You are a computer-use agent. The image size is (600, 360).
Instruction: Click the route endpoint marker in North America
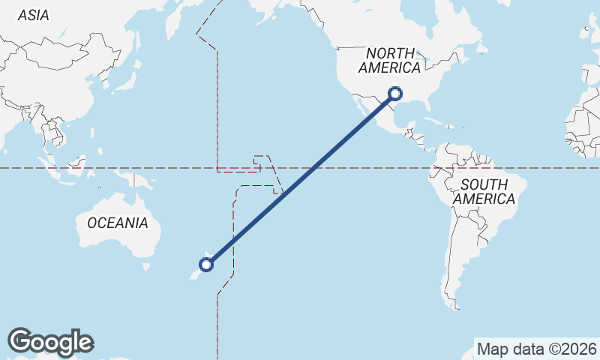pos(396,94)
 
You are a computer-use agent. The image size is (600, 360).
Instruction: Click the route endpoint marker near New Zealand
pos(206,264)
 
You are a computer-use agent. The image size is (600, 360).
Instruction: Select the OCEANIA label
pos(118,223)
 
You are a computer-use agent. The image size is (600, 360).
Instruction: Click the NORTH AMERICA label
pos(389,60)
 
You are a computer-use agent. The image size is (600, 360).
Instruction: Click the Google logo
pos(51,341)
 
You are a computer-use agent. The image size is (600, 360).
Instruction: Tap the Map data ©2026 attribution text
pos(536,349)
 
